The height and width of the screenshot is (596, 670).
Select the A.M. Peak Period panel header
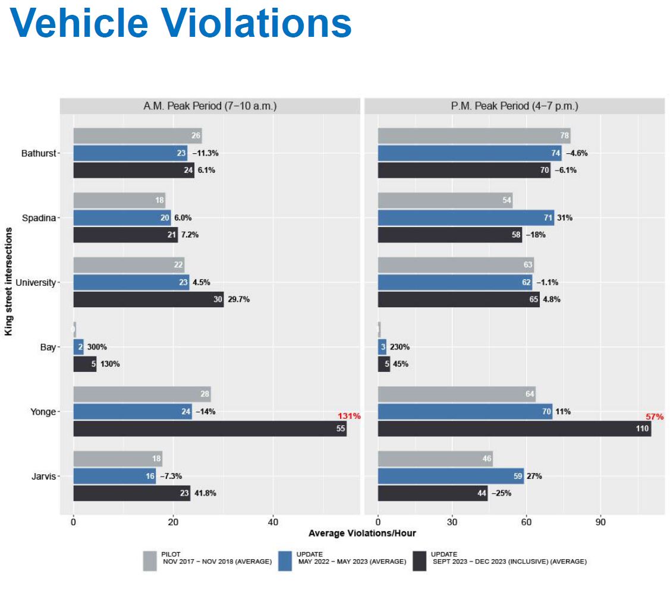coord(210,106)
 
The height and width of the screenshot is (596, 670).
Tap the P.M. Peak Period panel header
coord(514,106)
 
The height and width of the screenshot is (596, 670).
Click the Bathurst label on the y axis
coord(39,153)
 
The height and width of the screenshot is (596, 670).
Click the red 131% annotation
coord(349,416)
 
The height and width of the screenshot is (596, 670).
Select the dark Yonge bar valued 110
coord(514,429)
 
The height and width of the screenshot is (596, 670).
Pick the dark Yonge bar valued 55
coord(210,429)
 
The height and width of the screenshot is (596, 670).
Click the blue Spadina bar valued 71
coord(465,218)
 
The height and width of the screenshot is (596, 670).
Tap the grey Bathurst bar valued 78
coord(474,136)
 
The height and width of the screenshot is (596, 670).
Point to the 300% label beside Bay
coord(97,347)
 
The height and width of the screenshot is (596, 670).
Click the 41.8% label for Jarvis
coord(206,493)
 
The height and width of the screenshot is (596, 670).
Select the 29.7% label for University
coord(239,299)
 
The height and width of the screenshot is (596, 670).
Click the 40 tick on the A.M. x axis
coord(273,522)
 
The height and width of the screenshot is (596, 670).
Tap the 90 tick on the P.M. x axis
coord(600,522)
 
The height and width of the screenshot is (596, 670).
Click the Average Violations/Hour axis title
coord(362,533)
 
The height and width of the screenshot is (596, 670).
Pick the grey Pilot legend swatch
coord(150,560)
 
